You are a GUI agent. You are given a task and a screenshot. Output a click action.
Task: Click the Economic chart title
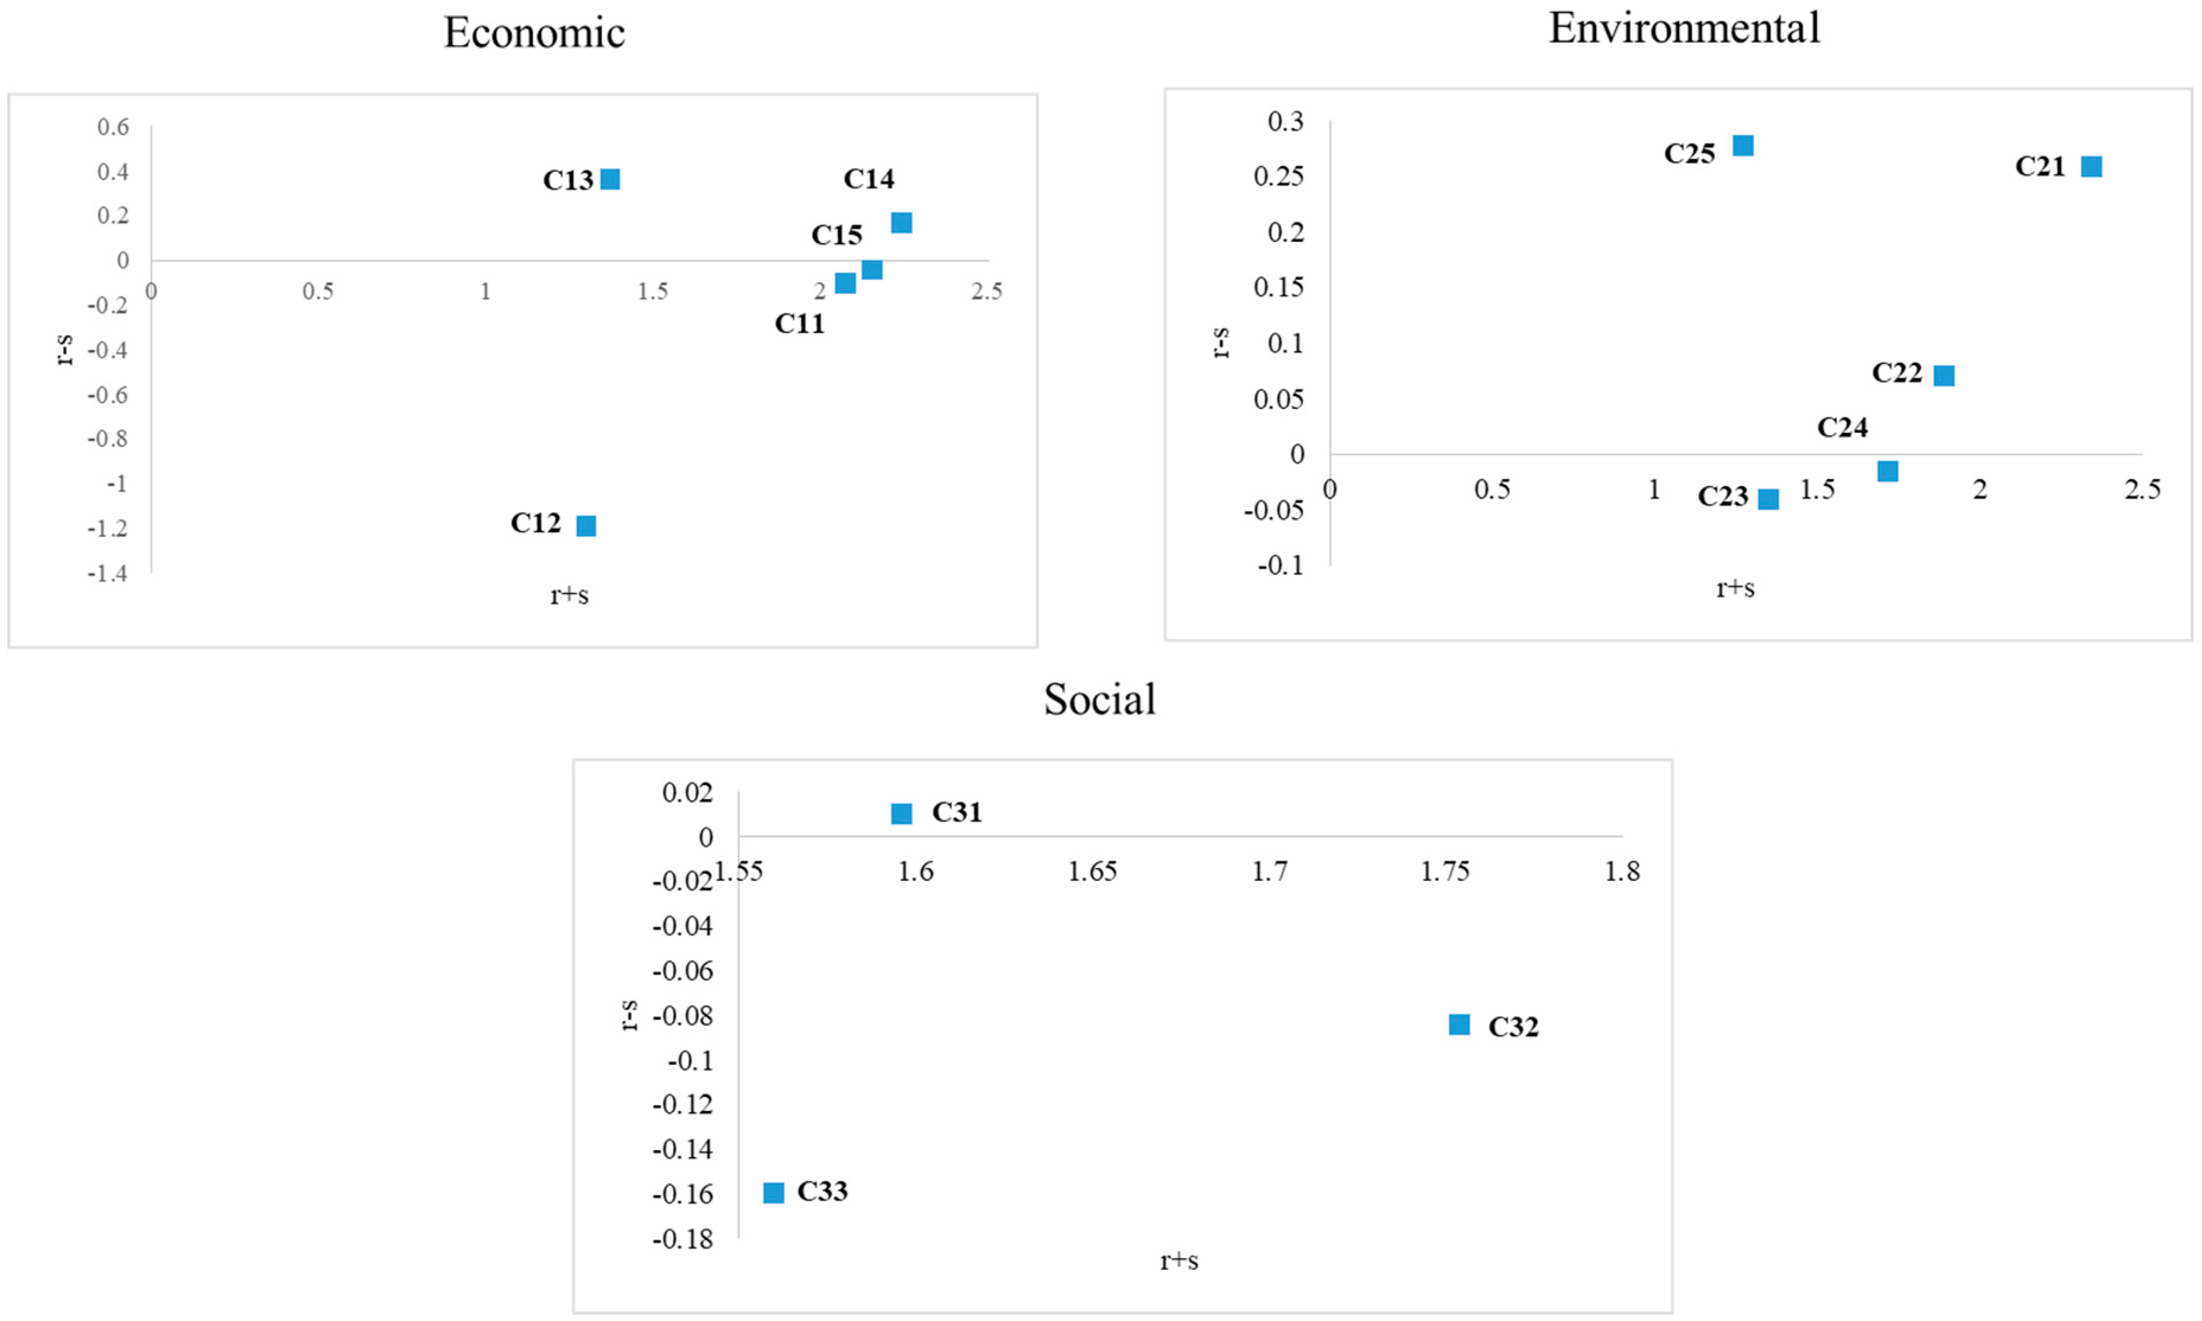pyautogui.click(x=534, y=33)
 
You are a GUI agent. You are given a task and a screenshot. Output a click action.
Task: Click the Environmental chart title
pyautogui.click(x=1684, y=28)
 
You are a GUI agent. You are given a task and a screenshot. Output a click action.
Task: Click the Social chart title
pyautogui.click(x=1100, y=699)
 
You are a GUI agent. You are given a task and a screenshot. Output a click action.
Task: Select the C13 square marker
pyautogui.click(x=610, y=179)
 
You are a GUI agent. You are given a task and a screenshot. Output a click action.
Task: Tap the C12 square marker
pyautogui.click(x=586, y=525)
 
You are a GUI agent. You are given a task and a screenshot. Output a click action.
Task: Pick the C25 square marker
pyautogui.click(x=1742, y=145)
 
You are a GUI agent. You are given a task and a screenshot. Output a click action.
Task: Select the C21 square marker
pyautogui.click(x=2090, y=167)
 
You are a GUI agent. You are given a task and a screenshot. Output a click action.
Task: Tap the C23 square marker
pyautogui.click(x=1768, y=499)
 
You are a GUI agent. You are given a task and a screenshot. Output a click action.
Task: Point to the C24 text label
pyautogui.click(x=1843, y=427)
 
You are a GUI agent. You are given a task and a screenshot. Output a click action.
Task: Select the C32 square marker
pyautogui.click(x=1459, y=1025)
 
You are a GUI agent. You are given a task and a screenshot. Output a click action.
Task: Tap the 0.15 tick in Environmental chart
pyautogui.click(x=1278, y=288)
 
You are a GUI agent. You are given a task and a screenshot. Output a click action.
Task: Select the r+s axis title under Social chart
pyautogui.click(x=1179, y=1261)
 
